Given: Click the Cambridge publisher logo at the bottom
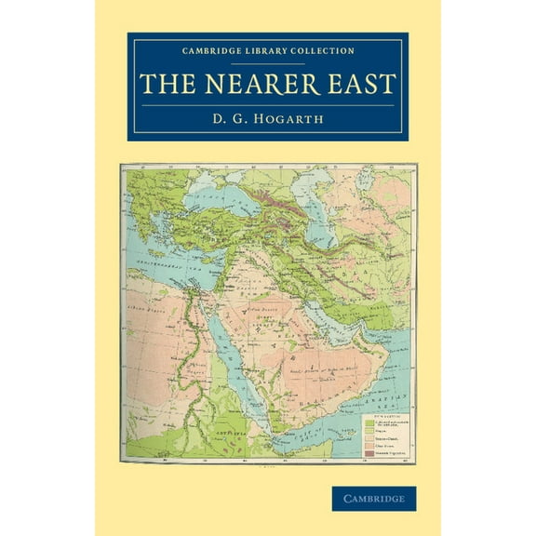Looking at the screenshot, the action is point(373,499).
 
